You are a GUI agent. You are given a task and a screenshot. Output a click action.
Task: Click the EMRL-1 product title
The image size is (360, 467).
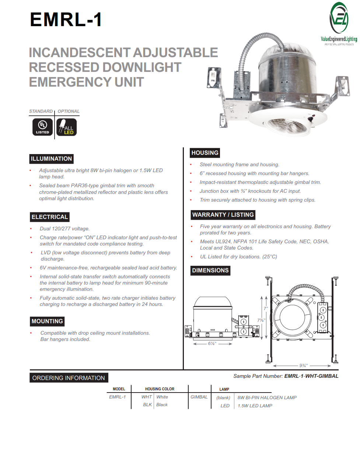click(66, 20)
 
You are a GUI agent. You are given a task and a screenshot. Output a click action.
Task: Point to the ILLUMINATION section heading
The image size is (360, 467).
click(51, 159)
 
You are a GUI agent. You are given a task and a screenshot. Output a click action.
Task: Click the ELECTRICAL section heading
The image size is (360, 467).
click(50, 217)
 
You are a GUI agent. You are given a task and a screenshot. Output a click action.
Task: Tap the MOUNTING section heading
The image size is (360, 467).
click(47, 321)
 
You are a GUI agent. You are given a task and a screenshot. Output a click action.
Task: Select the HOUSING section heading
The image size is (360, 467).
click(205, 153)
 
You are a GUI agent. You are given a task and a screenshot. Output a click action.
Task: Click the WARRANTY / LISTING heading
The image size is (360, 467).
click(223, 215)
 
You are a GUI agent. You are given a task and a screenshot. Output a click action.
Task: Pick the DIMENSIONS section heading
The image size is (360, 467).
click(210, 271)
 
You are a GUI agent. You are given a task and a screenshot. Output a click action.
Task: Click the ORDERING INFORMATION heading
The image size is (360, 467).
click(69, 378)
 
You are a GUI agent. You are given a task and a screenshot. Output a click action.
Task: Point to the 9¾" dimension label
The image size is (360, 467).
click(303, 366)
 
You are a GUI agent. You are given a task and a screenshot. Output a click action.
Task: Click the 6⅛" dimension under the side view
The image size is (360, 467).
click(212, 344)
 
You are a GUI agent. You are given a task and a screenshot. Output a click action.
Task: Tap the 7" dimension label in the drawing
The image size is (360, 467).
click(265, 309)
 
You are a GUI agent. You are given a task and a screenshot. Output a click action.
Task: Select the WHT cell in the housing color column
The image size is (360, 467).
click(147, 397)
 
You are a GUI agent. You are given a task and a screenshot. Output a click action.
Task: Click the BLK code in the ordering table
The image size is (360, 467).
click(147, 405)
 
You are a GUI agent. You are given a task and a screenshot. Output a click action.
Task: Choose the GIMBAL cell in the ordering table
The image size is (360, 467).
click(199, 397)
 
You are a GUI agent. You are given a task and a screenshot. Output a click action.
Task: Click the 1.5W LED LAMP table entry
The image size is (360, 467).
click(255, 406)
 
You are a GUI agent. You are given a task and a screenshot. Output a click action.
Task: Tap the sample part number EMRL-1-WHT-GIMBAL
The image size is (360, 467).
click(311, 376)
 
